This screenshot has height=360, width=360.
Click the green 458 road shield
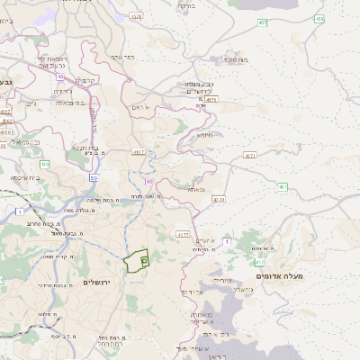[x=319, y=18]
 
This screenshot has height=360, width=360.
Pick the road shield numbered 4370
[x=219, y=199]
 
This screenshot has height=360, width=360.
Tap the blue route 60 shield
[x=148, y=182]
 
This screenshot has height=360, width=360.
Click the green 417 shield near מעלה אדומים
[x=259, y=262]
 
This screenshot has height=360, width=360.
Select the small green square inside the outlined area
[x=144, y=258]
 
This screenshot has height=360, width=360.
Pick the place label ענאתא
[x=198, y=190]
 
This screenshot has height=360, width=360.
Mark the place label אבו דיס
[x=193, y=292]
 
